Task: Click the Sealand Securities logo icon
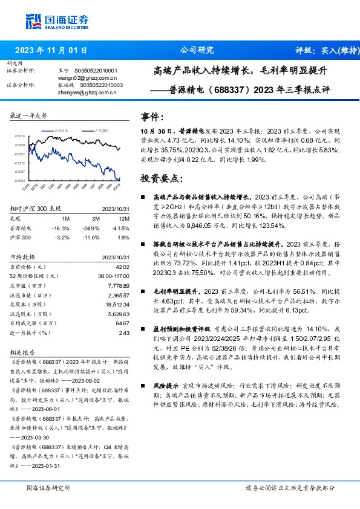(x=34, y=22)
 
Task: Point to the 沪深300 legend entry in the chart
(x=101, y=130)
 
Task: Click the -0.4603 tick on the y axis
(x=20, y=180)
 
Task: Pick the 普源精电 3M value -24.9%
(x=92, y=228)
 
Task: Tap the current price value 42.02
(x=123, y=267)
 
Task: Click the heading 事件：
(x=152, y=115)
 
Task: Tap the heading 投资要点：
(x=160, y=179)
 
